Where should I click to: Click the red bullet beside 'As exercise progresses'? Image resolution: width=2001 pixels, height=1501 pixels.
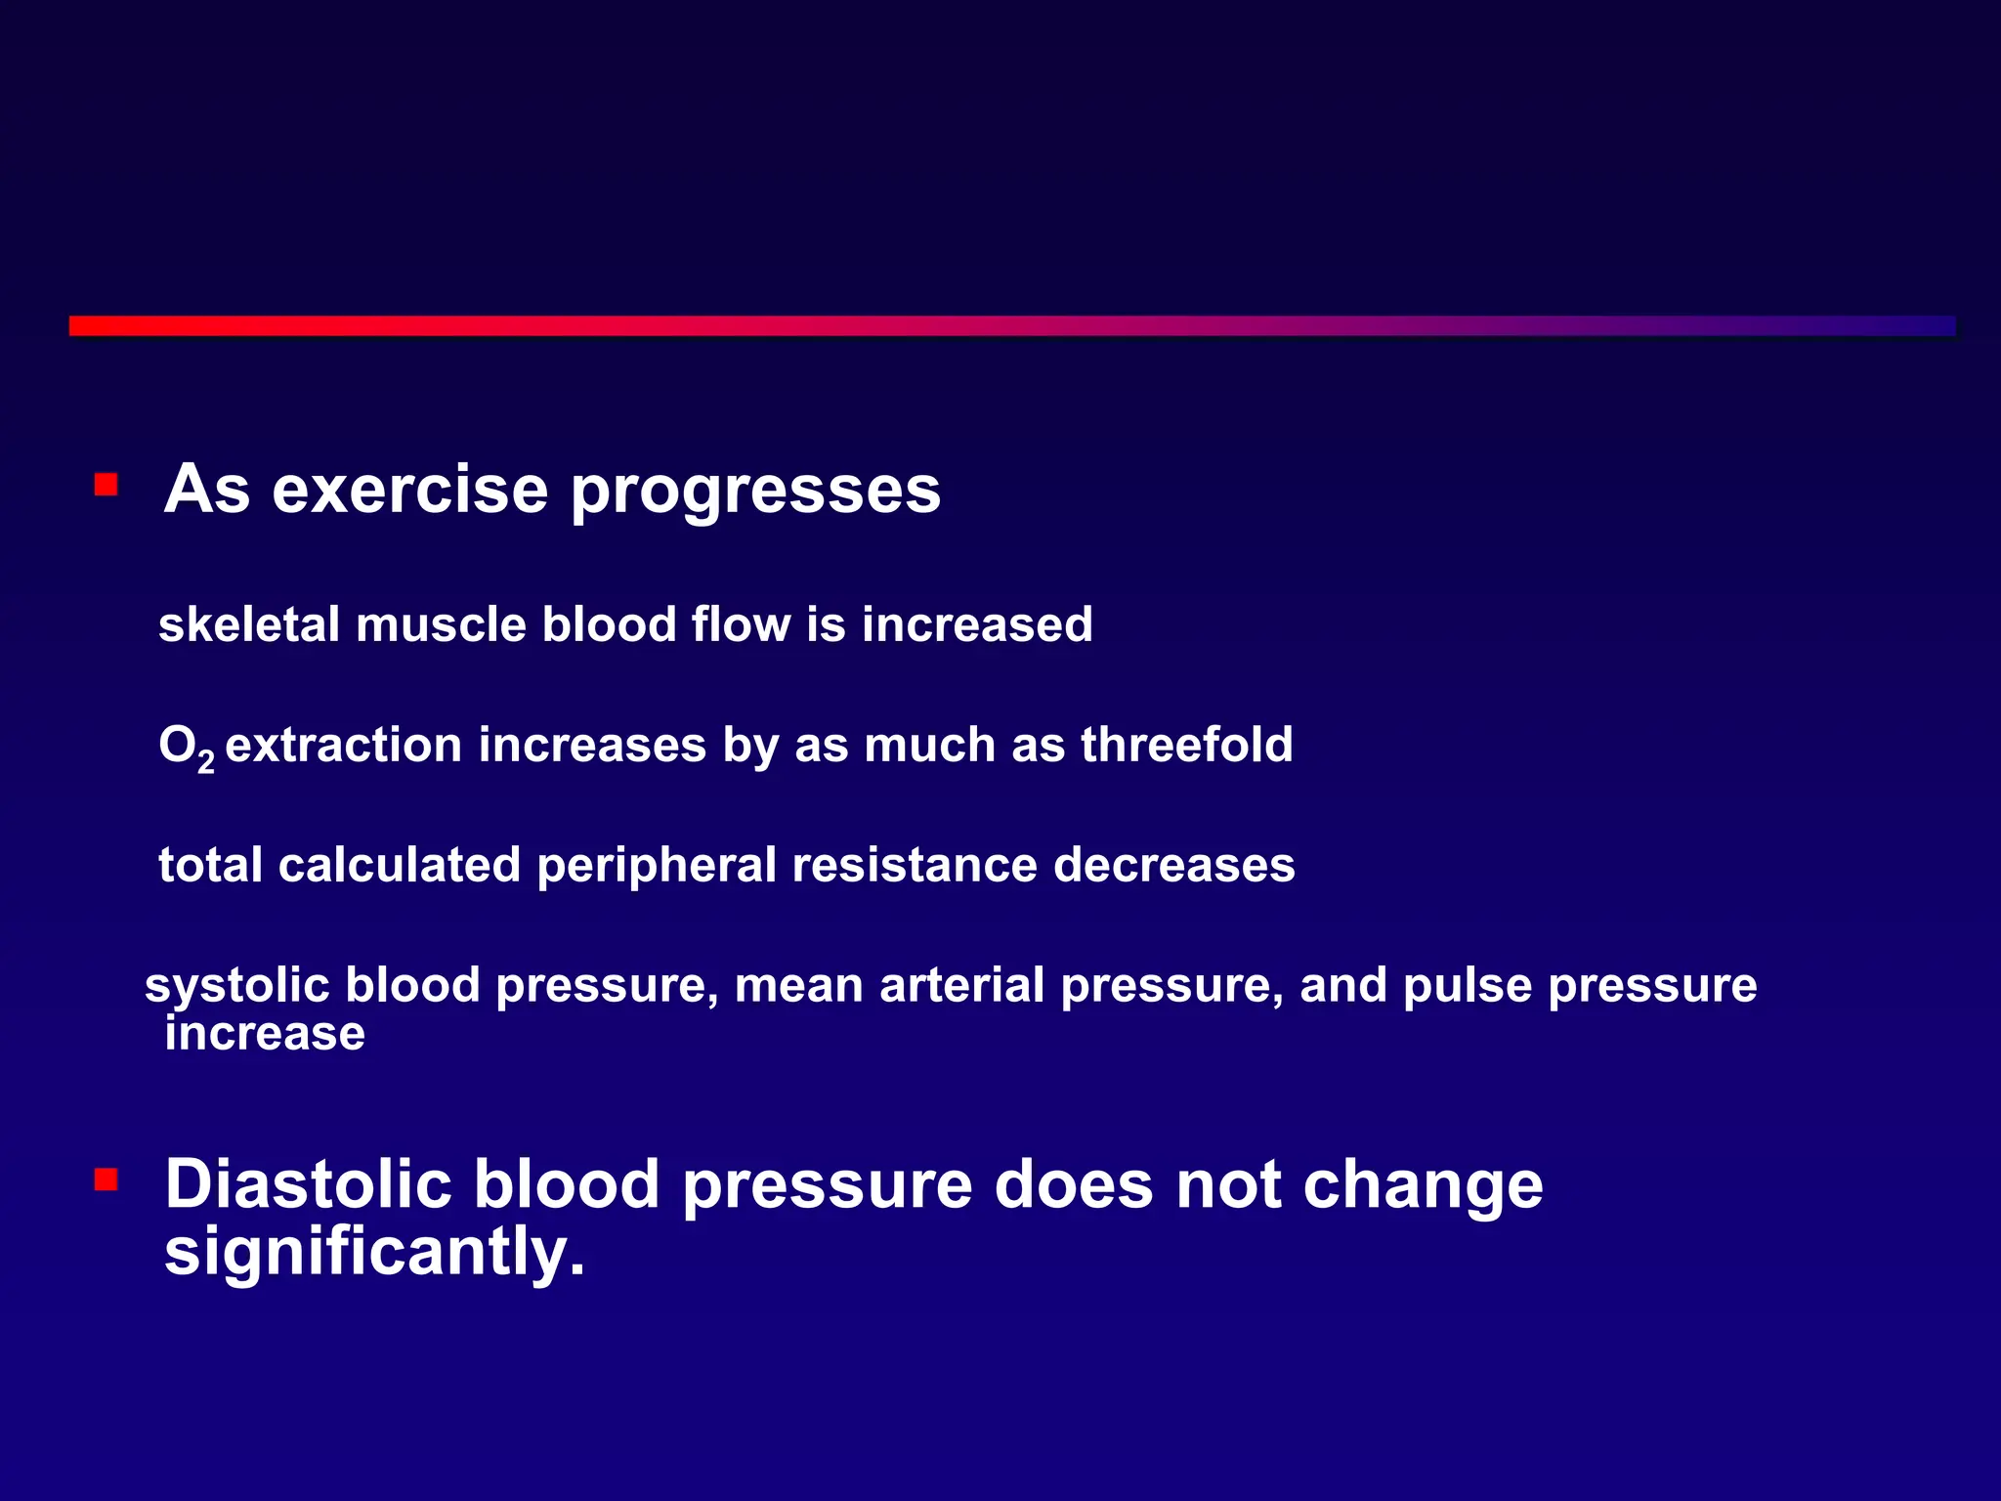click(x=106, y=485)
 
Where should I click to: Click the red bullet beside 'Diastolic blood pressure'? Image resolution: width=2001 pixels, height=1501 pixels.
click(x=106, y=1179)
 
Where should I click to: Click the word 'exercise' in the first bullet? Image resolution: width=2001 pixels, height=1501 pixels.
click(x=409, y=489)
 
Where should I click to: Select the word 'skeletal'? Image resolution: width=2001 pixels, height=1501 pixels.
click(x=248, y=624)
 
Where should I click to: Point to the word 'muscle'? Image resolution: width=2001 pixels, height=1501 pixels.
click(x=441, y=624)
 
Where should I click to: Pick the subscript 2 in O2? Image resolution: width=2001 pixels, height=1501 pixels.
click(x=205, y=760)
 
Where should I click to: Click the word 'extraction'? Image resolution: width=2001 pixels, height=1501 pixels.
click(x=343, y=746)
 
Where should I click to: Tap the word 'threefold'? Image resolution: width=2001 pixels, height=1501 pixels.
click(x=1186, y=745)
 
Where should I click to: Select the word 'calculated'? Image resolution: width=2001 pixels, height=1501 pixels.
click(x=399, y=865)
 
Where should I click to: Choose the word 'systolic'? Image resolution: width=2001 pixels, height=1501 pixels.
click(x=237, y=986)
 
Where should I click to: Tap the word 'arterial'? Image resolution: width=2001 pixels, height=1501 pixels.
click(x=962, y=985)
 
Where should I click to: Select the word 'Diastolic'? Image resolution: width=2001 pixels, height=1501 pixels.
click(x=308, y=1184)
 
